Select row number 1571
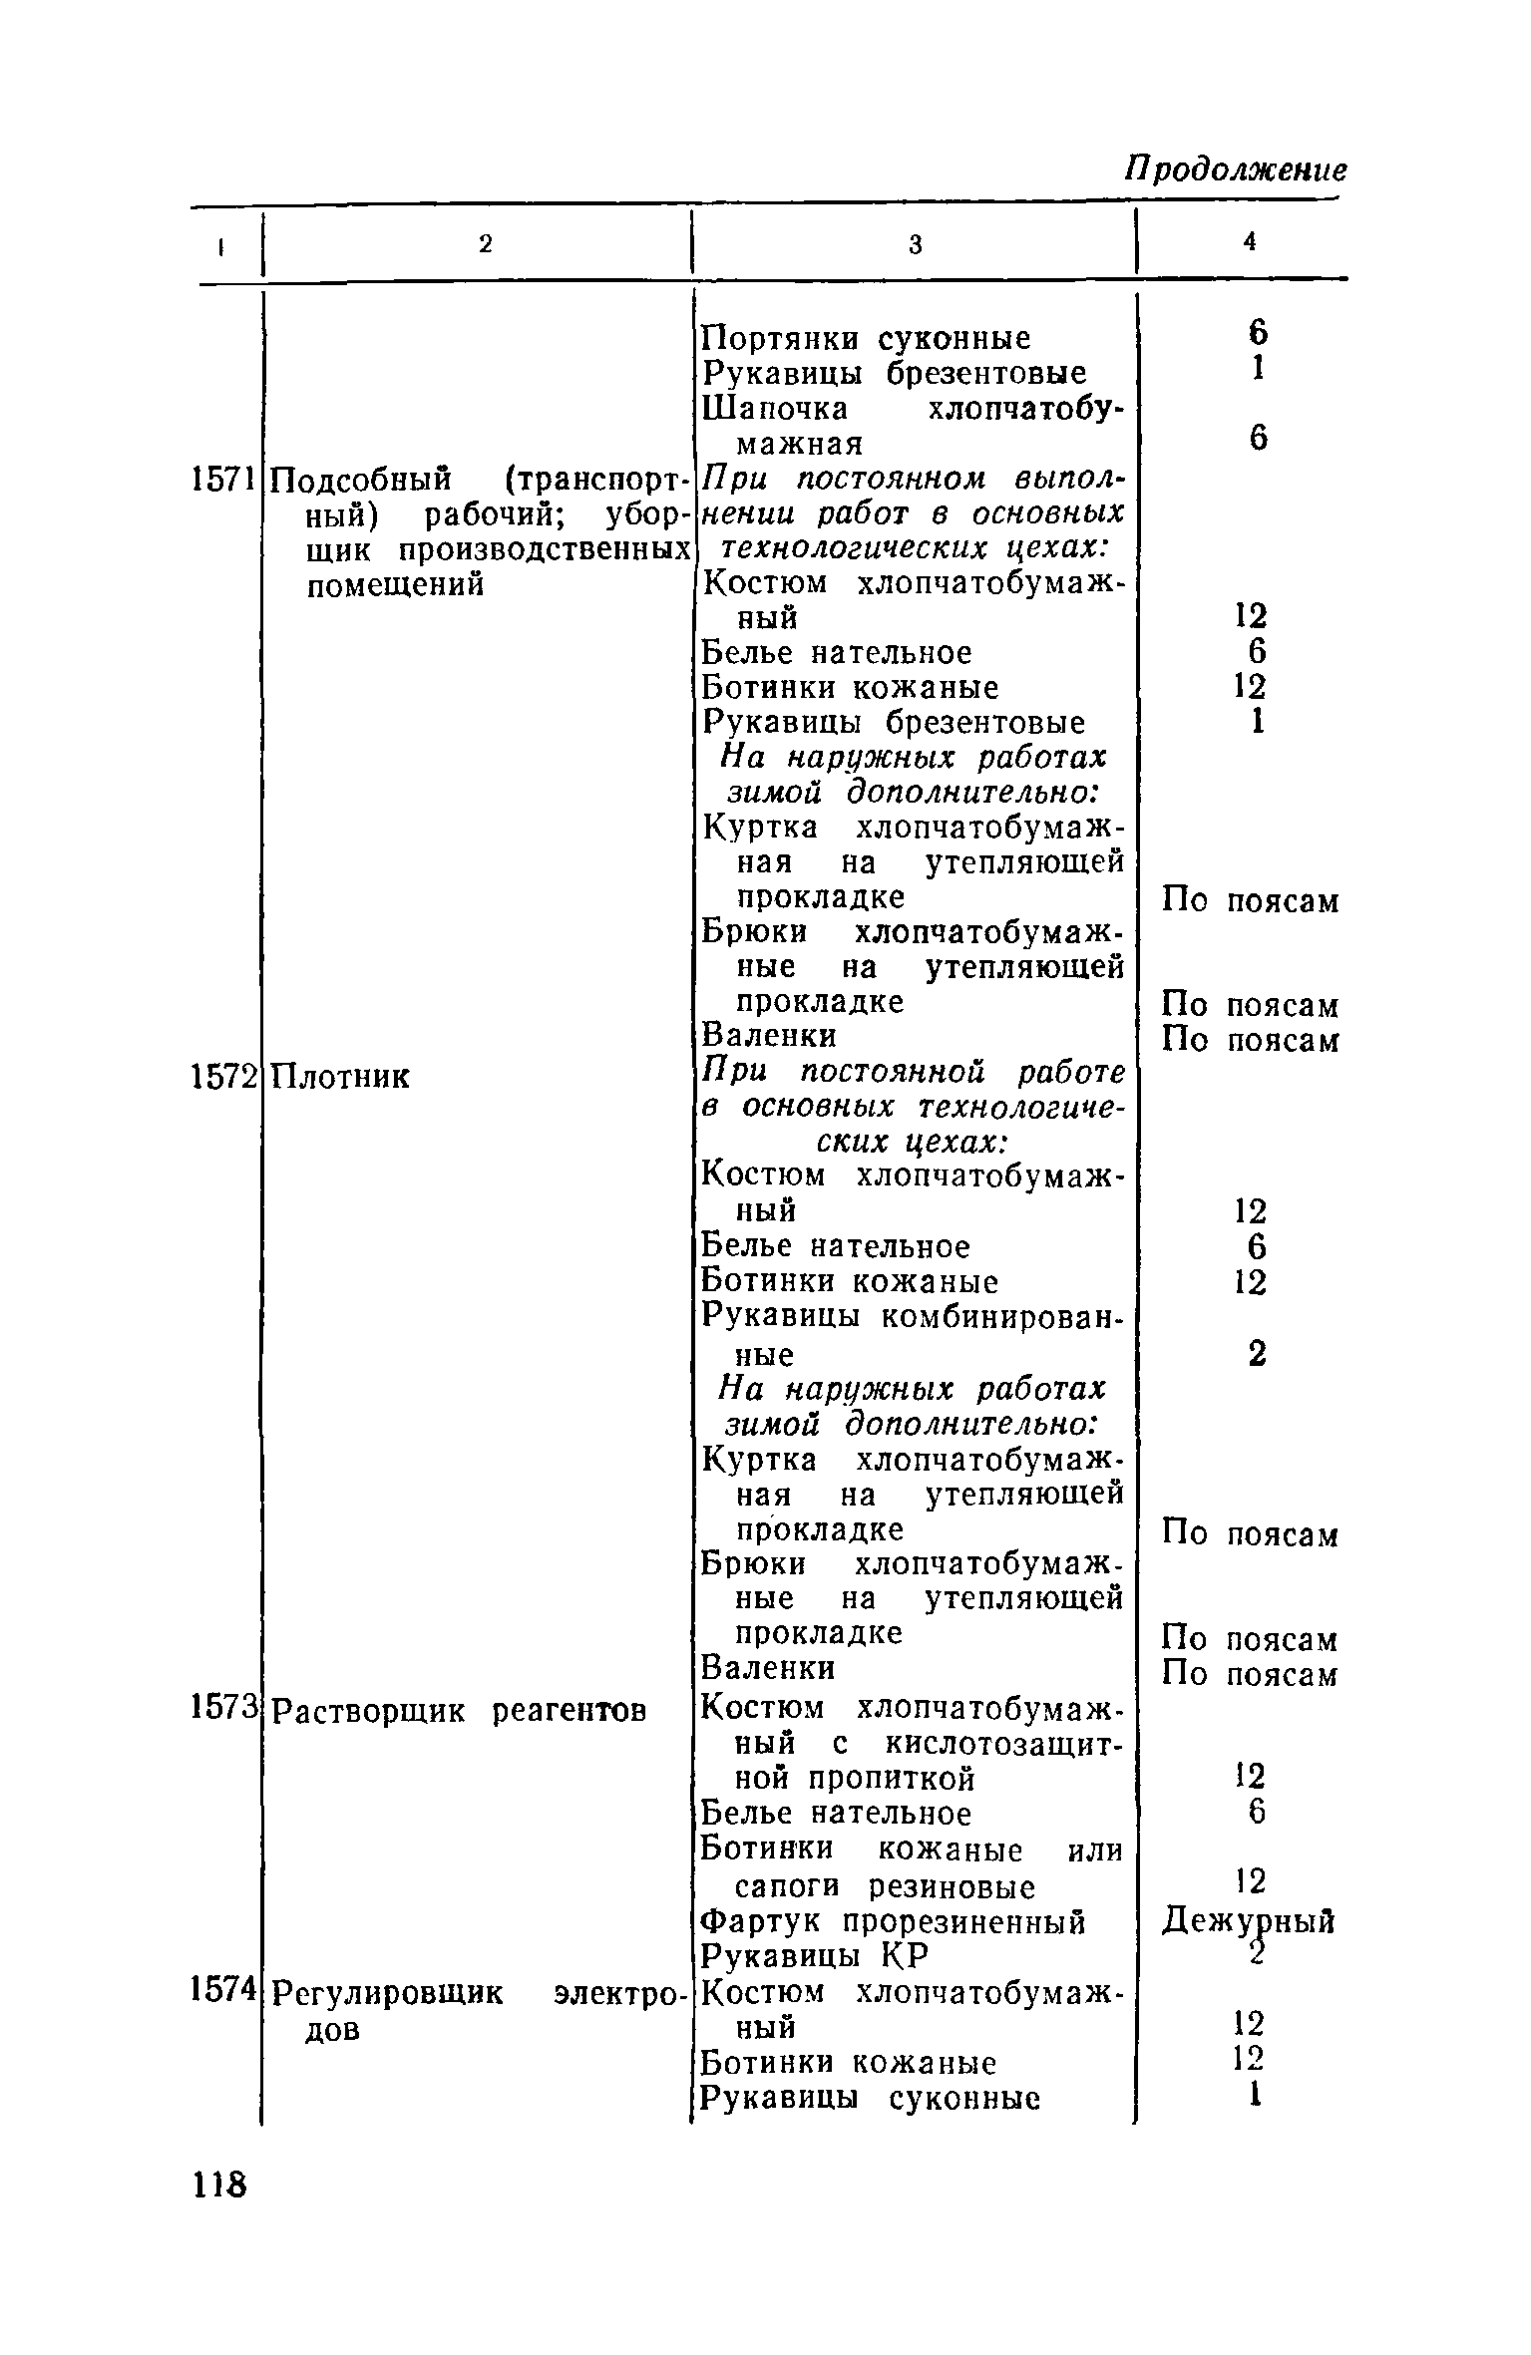point(223,481)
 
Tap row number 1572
point(223,1076)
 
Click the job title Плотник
point(341,1077)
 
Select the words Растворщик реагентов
point(460,1711)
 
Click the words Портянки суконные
point(867,339)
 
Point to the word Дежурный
point(1249,1920)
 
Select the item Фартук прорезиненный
point(894,1921)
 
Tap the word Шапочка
point(776,409)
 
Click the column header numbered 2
point(485,244)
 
